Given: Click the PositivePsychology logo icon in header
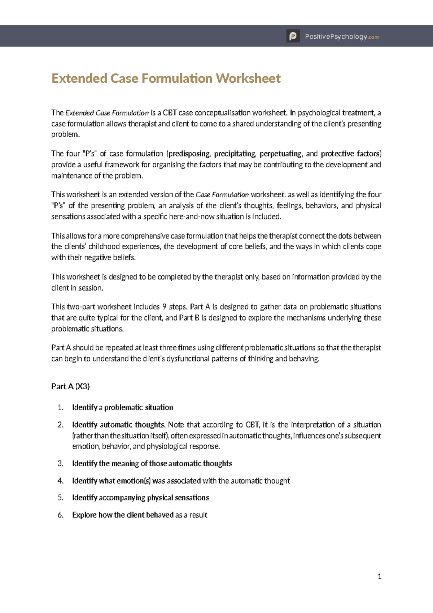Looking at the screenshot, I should coord(293,36).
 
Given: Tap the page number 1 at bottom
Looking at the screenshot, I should coord(379,576).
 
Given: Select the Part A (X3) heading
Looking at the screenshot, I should coord(70,386).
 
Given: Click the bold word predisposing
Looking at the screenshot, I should coord(189,154).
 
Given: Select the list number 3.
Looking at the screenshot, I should coord(60,464).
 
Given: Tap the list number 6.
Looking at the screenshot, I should coord(60,515).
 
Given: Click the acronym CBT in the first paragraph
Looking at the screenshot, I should coord(170,113).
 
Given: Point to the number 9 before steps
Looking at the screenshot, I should coord(164,307).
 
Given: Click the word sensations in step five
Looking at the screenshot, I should coord(192,498).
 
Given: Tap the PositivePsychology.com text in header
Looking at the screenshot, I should coord(342,37).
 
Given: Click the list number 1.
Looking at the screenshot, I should coord(60,408).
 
